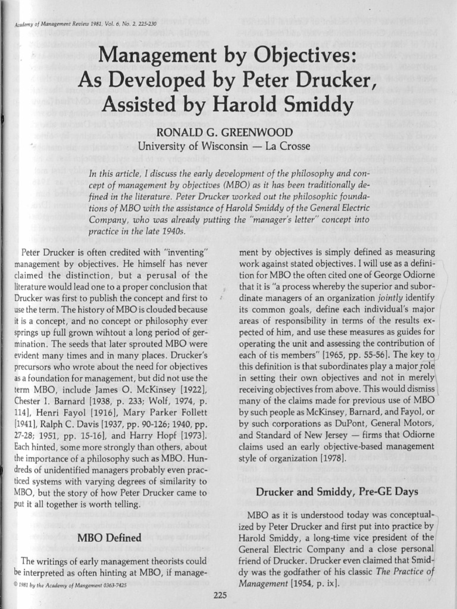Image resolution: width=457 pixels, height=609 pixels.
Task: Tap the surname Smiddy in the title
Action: click(x=310, y=105)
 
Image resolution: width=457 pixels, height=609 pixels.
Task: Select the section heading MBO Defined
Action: click(x=109, y=538)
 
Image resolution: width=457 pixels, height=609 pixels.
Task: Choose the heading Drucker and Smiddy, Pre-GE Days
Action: click(x=337, y=491)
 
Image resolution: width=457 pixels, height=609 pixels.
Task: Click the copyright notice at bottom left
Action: click(x=70, y=585)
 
